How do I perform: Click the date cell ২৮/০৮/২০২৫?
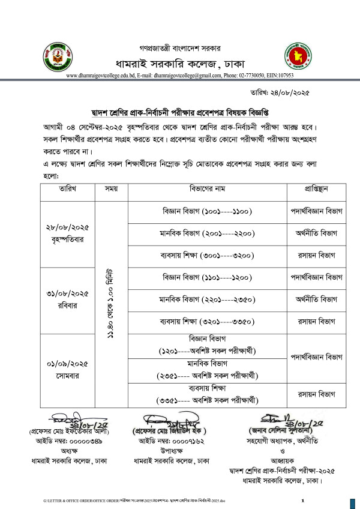pyautogui.click(x=67, y=227)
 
